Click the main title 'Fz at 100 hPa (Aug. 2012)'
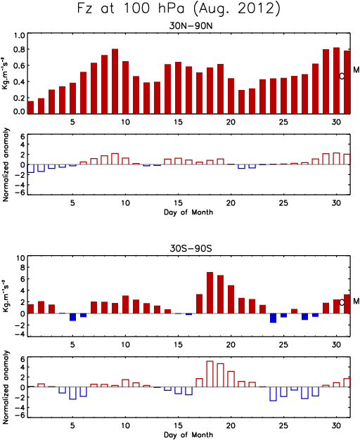point(179,8)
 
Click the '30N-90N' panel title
point(191,26)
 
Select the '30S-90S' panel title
point(191,248)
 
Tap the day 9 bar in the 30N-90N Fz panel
point(115,81)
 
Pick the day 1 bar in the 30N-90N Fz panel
point(31,108)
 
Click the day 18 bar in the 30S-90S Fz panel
point(210,292)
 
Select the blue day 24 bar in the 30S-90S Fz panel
point(273,318)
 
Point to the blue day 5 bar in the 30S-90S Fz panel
point(72,317)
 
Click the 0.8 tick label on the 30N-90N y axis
point(20,49)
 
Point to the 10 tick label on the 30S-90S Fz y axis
point(21,257)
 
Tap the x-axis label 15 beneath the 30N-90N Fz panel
point(178,122)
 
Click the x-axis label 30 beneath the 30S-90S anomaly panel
point(336,425)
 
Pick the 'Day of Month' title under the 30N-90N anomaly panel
point(188,212)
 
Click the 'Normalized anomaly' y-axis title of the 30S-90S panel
point(6,387)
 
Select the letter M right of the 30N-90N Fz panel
point(356,70)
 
